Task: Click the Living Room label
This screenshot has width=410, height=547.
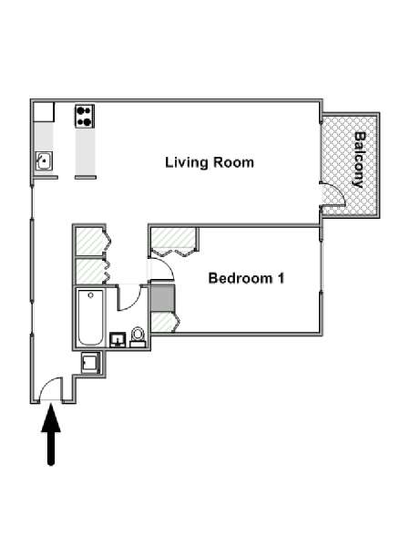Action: [210, 162]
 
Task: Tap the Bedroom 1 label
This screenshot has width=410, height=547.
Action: [246, 278]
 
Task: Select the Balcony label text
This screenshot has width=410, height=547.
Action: [360, 160]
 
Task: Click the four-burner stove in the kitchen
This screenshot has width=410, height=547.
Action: [85, 116]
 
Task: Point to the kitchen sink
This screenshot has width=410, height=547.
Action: [44, 160]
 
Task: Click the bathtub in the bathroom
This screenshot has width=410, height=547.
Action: [90, 317]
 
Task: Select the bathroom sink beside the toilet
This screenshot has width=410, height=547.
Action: [118, 340]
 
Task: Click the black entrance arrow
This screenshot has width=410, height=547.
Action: [51, 434]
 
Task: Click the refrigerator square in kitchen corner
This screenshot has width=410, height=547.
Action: [44, 112]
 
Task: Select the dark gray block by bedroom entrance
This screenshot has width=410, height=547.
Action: [162, 297]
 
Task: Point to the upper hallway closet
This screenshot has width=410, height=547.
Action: [89, 241]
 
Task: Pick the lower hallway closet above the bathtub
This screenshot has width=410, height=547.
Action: [89, 271]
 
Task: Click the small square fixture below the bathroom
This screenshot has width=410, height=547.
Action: [90, 363]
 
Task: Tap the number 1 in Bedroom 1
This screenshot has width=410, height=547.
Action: [281, 278]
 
